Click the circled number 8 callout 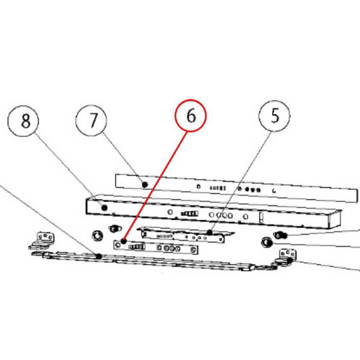23,121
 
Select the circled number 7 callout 91,120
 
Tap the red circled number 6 191,116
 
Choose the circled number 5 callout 274,116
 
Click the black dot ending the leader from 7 145,184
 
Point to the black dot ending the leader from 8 104,208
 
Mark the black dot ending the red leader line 124,241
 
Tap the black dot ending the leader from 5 210,232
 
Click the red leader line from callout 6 155,186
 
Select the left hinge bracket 42,241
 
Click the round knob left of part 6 97,236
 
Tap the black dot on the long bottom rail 99,256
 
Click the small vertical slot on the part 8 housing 261,218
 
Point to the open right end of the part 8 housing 335,219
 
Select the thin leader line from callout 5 241,182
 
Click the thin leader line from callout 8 69,170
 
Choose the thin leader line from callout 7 123,158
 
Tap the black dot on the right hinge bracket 290,260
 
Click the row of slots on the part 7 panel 218,188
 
